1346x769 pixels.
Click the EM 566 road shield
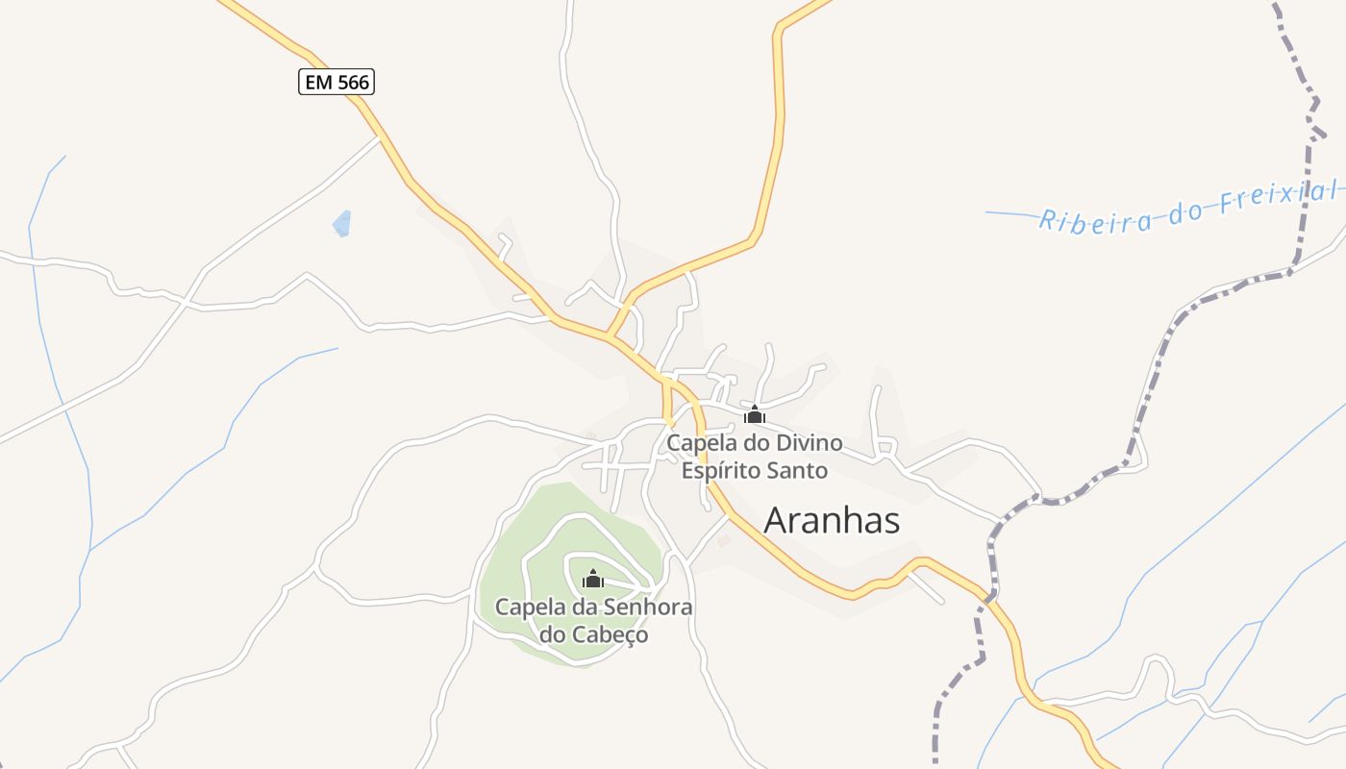336,83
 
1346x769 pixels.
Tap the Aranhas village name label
832,520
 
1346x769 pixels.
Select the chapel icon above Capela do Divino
755,415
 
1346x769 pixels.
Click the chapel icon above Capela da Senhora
593,579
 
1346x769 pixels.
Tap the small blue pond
341,224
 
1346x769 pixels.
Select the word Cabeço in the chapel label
611,635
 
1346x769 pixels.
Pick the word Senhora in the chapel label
647,608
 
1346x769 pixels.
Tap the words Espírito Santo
754,471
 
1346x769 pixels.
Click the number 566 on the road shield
352,83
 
